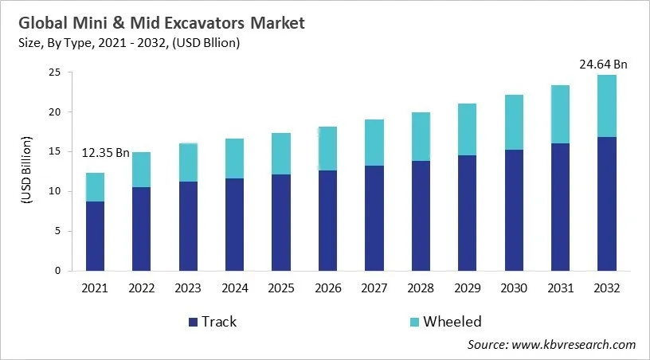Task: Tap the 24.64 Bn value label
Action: tap(603, 64)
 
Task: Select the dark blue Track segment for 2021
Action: tap(95, 236)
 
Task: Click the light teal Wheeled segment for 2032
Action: tap(608, 106)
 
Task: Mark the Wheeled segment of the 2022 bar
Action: tap(142, 170)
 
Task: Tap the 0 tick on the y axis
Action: tap(57, 271)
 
